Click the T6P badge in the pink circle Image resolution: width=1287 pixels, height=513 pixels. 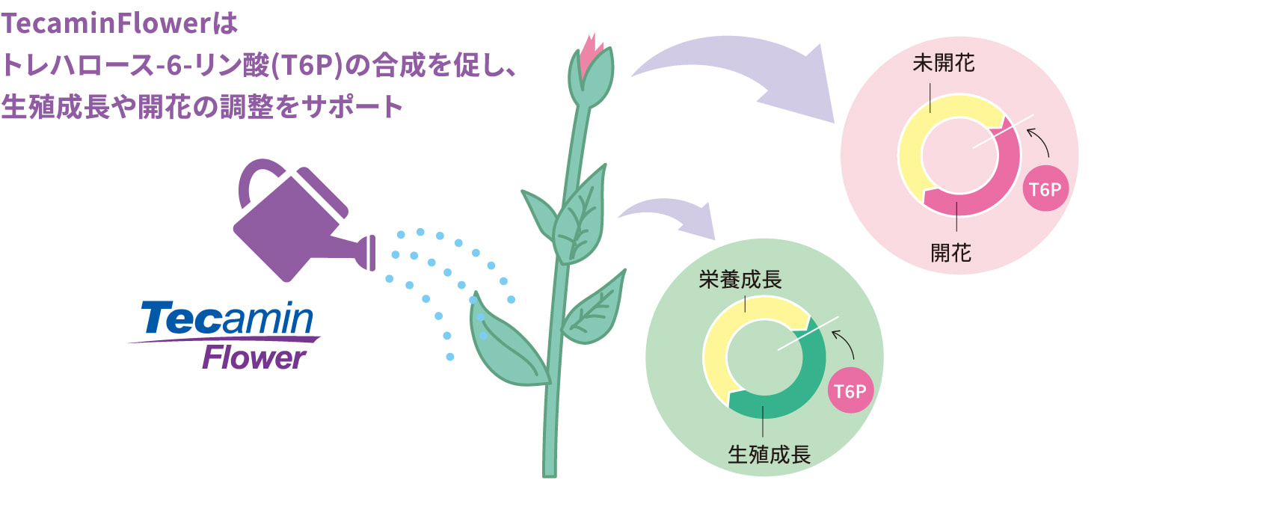1045,188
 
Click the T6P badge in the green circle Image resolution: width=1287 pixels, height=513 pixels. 850,390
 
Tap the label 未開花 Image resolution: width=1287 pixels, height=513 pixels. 943,63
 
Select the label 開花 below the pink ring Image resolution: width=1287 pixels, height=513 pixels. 950,253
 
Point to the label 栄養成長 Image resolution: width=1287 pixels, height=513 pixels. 740,280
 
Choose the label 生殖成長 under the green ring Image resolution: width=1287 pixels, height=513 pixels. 769,454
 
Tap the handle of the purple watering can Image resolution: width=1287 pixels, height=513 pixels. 254,179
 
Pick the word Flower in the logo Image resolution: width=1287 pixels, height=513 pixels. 254,357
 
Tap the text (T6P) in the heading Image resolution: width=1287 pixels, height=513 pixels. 307,66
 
